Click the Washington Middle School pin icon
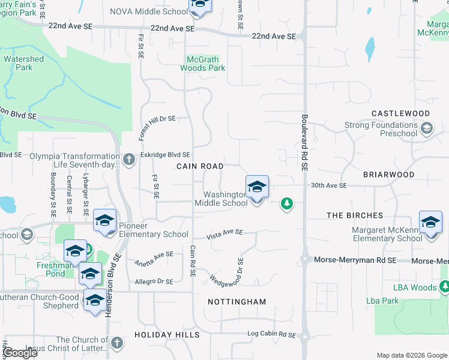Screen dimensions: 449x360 (x=257, y=187)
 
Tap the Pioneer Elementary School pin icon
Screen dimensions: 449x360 (x=105, y=222)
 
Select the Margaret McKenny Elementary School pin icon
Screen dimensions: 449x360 (x=430, y=223)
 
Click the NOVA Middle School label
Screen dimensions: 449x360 (x=149, y=11)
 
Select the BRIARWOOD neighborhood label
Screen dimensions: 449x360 (x=388, y=175)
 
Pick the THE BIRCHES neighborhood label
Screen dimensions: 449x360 (x=355, y=215)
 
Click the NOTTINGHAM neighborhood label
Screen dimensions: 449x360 (x=237, y=302)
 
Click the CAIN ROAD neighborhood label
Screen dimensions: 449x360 (x=200, y=166)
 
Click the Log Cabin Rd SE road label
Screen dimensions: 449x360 (x=272, y=334)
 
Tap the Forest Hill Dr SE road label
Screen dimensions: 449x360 (x=157, y=119)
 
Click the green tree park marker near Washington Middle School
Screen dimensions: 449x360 (x=288, y=204)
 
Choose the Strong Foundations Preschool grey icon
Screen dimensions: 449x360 (x=427, y=128)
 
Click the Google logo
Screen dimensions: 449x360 (x=20, y=353)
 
